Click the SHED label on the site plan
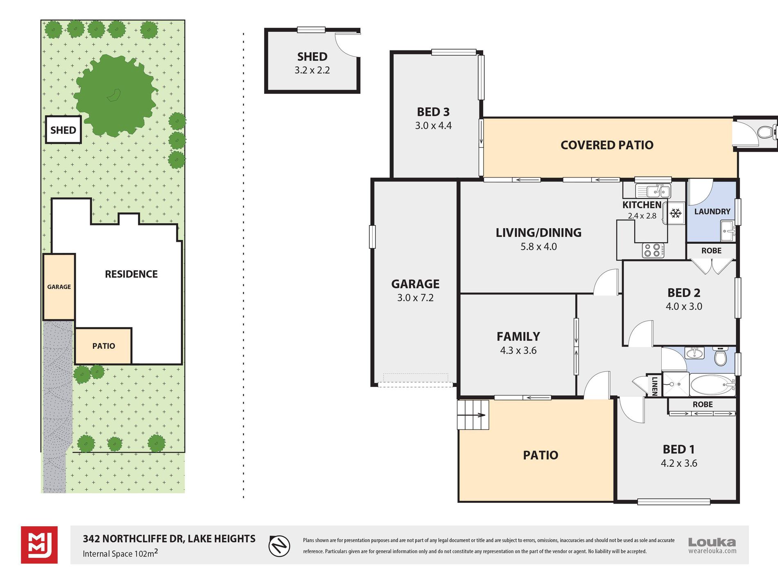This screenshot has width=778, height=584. [63, 130]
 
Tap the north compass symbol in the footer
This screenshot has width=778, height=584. [279, 546]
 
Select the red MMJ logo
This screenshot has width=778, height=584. [39, 545]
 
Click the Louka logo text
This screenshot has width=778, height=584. [712, 542]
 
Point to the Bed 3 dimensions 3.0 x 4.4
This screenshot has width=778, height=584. [433, 126]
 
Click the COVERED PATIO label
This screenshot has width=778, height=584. [607, 145]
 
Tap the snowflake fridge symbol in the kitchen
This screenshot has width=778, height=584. [675, 213]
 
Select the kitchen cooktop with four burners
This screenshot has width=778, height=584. [653, 250]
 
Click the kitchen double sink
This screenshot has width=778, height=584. [653, 191]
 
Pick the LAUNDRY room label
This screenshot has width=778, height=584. [712, 211]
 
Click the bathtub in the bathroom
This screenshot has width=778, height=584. [712, 385]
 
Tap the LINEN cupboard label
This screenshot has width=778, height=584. [654, 386]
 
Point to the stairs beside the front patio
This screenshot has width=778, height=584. [473, 415]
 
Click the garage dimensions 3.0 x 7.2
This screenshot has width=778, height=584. [415, 298]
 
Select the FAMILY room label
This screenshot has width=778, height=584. [518, 336]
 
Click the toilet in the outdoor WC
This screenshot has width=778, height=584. [765, 132]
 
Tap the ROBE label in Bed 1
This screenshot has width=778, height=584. [703, 404]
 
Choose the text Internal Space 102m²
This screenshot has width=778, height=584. [120, 553]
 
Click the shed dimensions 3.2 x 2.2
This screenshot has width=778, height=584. [312, 70]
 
